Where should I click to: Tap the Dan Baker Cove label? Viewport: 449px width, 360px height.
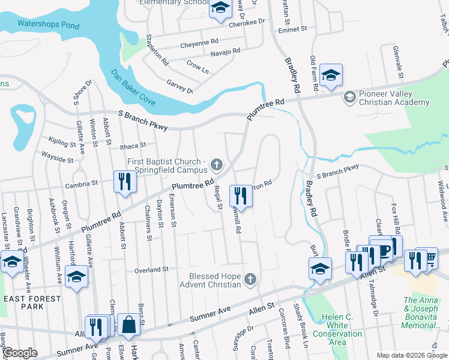pos(133,88)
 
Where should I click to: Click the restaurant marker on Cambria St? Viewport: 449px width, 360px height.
pos(124,182)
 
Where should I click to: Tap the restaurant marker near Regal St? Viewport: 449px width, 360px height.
pos(241,196)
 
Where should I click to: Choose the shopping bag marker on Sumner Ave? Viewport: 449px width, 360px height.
pos(128,326)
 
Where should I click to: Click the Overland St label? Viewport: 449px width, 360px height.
pos(151,270)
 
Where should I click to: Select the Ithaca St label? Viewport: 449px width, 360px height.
pos(133,145)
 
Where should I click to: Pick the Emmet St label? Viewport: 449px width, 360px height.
pos(292,28)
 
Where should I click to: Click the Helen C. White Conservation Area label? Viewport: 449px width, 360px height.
pos(337,329)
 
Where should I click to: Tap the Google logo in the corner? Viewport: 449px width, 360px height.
pos(20,353)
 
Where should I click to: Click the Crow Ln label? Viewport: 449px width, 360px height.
pos(197,70)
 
